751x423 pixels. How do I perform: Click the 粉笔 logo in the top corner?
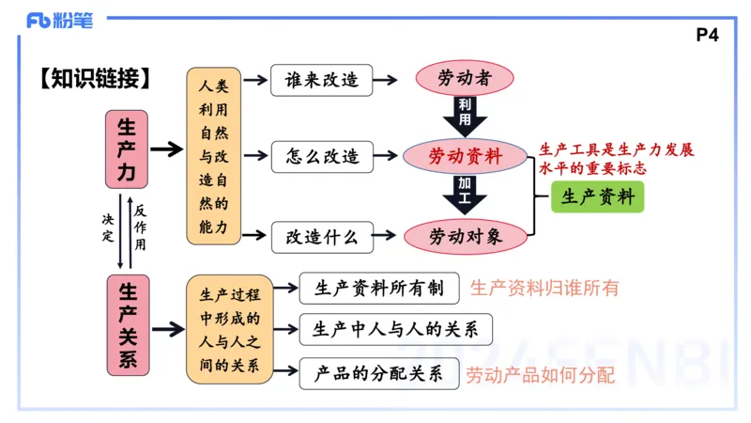point(59,20)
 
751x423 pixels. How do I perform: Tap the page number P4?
point(708,36)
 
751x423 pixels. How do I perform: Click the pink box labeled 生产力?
point(126,149)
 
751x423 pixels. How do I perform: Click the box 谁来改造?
point(321,80)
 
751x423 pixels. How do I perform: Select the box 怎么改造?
point(321,156)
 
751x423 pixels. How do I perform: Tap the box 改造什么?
point(321,237)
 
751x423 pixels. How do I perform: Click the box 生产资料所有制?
point(378,289)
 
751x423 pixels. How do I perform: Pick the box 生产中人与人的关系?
point(394,330)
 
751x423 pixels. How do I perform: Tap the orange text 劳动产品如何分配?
point(541,375)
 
